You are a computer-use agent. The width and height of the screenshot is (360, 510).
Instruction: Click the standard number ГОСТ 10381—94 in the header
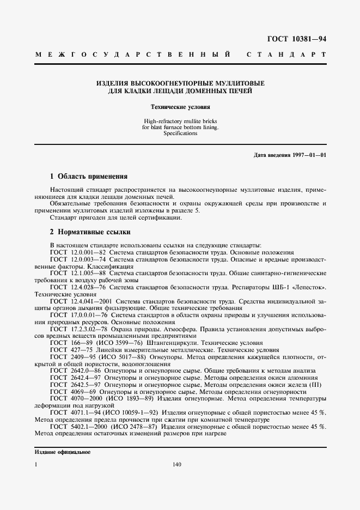click(x=297, y=39)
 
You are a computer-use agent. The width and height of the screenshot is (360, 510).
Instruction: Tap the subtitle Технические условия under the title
click(x=180, y=107)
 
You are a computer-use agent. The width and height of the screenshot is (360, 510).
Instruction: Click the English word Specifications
click(x=180, y=133)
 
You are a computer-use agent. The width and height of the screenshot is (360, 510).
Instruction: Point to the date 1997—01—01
click(x=307, y=155)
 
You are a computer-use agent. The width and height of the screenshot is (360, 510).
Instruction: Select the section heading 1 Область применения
click(x=89, y=177)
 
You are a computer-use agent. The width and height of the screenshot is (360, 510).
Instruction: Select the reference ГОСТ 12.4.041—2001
click(x=80, y=300)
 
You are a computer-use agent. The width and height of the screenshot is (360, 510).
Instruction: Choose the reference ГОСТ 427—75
click(x=71, y=350)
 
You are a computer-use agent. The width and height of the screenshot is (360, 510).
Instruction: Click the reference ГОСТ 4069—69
click(x=73, y=392)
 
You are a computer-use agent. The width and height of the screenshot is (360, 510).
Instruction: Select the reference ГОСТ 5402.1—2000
click(x=78, y=427)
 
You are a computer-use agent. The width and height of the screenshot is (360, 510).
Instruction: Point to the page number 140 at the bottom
click(x=176, y=465)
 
